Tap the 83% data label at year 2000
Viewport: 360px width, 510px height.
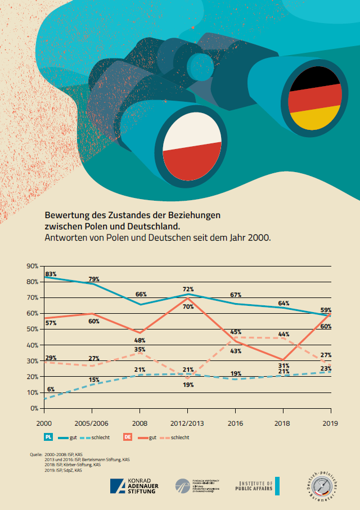(x=51, y=273)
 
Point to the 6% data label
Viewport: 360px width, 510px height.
(x=51, y=390)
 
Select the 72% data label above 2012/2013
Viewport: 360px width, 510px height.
(x=188, y=289)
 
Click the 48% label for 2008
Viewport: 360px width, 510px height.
(x=141, y=340)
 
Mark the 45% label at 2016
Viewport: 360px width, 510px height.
(x=236, y=332)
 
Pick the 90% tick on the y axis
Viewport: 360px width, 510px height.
(x=32, y=266)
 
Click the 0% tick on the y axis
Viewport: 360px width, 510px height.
(x=34, y=408)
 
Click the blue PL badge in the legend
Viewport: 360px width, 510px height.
(x=48, y=437)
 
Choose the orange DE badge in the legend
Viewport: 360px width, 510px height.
(x=128, y=437)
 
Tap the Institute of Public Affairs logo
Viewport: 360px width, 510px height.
(x=257, y=485)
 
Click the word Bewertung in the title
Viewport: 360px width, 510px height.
(x=67, y=215)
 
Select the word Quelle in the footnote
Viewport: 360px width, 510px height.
(x=36, y=453)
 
